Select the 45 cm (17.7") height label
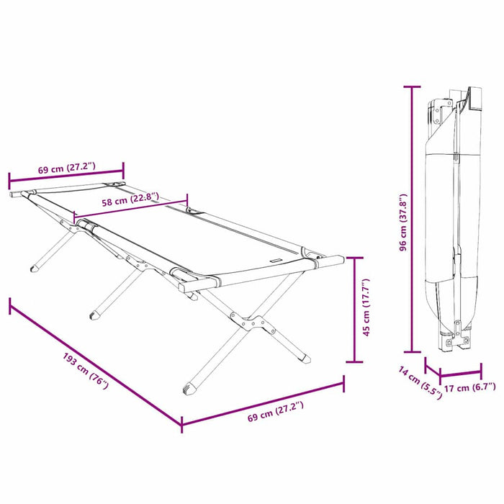click(x=366, y=308)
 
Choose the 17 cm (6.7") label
click(x=470, y=387)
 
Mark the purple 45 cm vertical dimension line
click(x=354, y=310)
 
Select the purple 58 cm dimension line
click(x=130, y=207)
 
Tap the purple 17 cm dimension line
click(x=461, y=374)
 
